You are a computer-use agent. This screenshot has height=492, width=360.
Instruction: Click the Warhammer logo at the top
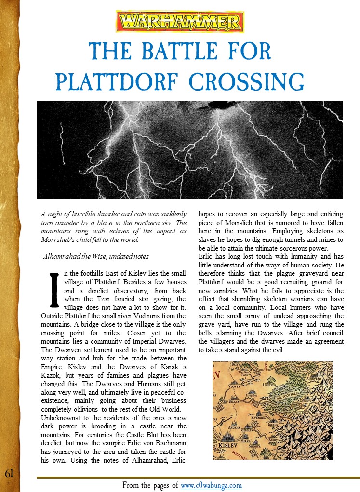coord(180,22)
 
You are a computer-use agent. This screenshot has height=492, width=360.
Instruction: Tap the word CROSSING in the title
coord(247,81)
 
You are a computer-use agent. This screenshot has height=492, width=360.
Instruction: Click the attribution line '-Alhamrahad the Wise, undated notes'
coord(95,256)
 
